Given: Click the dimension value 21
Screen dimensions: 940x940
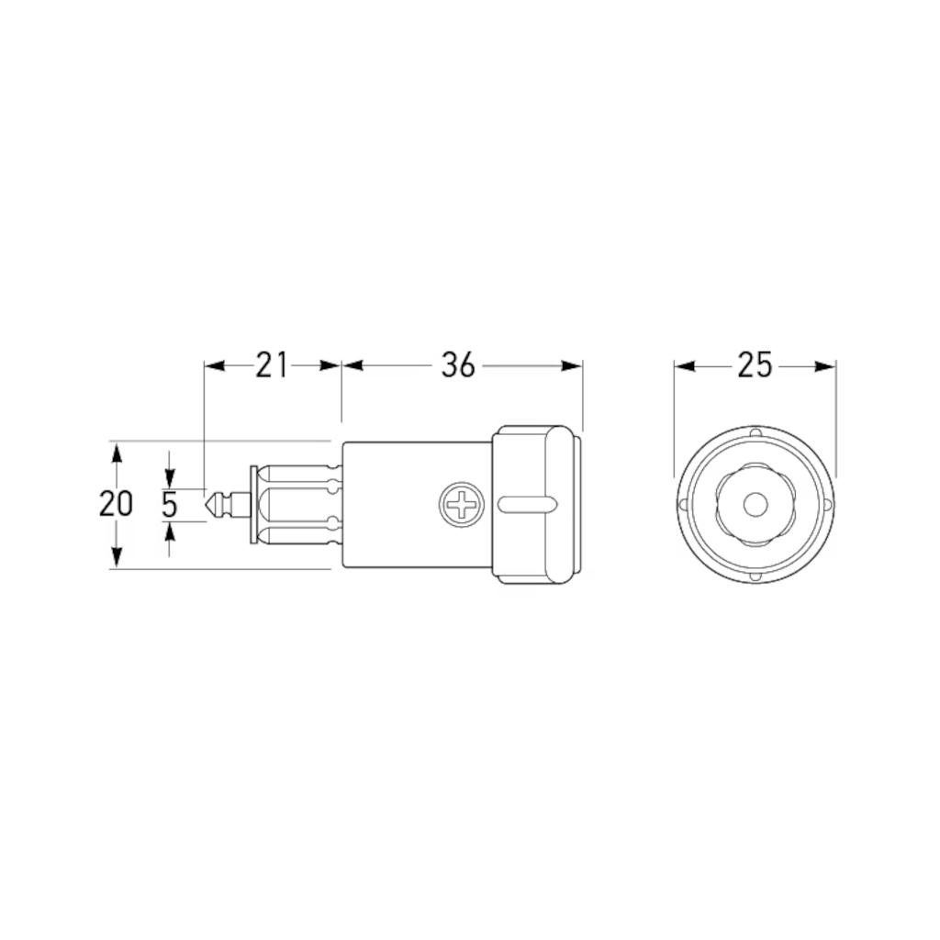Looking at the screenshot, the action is pos(272,365).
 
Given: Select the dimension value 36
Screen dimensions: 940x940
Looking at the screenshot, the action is pos(458,365).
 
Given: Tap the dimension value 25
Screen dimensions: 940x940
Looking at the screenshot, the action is pos(755,365).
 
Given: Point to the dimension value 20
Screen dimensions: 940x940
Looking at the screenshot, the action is pos(116,504).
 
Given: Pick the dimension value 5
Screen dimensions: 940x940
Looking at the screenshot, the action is pos(170,504).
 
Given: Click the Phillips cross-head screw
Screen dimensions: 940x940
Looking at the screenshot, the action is pos(462,505).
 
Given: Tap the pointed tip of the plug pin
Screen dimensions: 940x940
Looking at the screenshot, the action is pos(207,505).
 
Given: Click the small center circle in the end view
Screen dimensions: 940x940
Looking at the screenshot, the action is pos(755,505).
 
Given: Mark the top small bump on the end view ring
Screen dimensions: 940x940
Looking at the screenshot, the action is pos(756,432).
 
